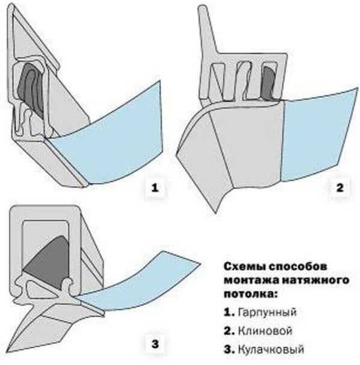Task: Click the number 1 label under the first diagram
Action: tap(155, 187)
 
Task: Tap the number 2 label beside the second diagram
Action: tap(340, 187)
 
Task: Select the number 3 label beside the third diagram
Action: tap(155, 344)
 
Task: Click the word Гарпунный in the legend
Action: tap(267, 312)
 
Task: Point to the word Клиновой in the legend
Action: tap(265, 331)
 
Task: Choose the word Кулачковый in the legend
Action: tap(271, 349)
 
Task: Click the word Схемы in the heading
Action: tap(245, 267)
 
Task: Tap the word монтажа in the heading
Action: tap(251, 280)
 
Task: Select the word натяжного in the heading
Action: tap(316, 280)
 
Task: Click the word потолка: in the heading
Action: tap(251, 294)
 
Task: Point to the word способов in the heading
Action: tap(297, 267)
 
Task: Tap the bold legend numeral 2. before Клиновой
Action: tap(229, 331)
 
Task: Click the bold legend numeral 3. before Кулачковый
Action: tap(229, 349)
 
